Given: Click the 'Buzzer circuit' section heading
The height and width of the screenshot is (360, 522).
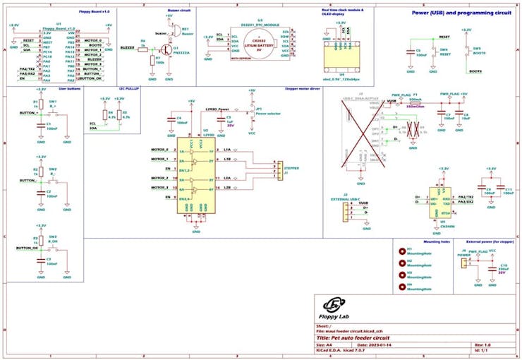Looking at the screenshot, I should [179, 11].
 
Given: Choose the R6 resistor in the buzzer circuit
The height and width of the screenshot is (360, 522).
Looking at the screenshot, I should [142, 47].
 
